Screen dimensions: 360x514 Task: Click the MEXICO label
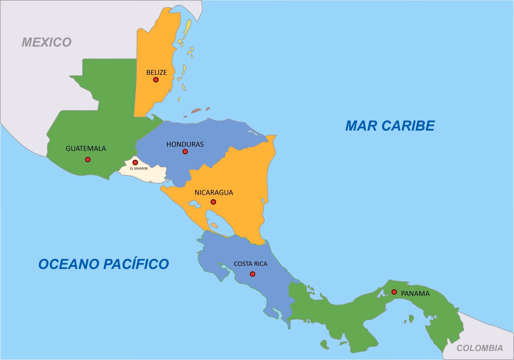coord(47,42)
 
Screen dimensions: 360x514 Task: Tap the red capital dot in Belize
coord(156,80)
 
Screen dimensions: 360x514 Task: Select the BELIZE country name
coord(157,72)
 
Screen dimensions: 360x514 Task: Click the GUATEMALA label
coord(86,148)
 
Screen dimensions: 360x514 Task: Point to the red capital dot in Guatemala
coord(88,160)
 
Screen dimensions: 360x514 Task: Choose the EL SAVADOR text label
coord(139,168)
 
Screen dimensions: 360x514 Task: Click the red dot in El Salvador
coord(135,162)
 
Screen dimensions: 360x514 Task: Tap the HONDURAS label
coord(185,144)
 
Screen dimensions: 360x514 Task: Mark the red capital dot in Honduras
coord(185,152)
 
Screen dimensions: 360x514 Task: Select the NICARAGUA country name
coord(214,193)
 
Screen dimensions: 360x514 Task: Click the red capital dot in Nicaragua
coord(213,202)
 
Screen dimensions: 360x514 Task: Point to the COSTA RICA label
coord(251,264)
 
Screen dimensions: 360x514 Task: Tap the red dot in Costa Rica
coord(252,274)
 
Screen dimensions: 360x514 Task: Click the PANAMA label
coord(415,294)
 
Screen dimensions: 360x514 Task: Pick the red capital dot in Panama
coord(394,292)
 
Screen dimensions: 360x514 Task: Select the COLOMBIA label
coord(479,348)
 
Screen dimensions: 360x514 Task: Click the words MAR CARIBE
coord(390,126)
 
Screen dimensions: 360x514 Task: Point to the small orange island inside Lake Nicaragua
coord(214,225)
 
